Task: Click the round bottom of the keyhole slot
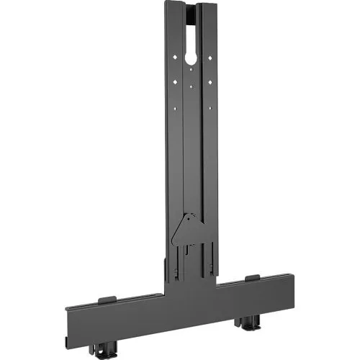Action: point(191,60)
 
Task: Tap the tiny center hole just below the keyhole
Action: point(190,70)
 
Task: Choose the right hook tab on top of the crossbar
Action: point(251,279)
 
